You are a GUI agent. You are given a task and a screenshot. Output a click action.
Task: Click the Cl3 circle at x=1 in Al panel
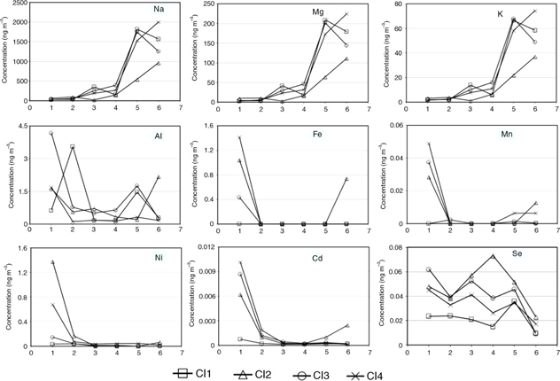click(51, 133)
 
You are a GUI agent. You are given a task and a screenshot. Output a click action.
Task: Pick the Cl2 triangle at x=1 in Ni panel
click(51, 262)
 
